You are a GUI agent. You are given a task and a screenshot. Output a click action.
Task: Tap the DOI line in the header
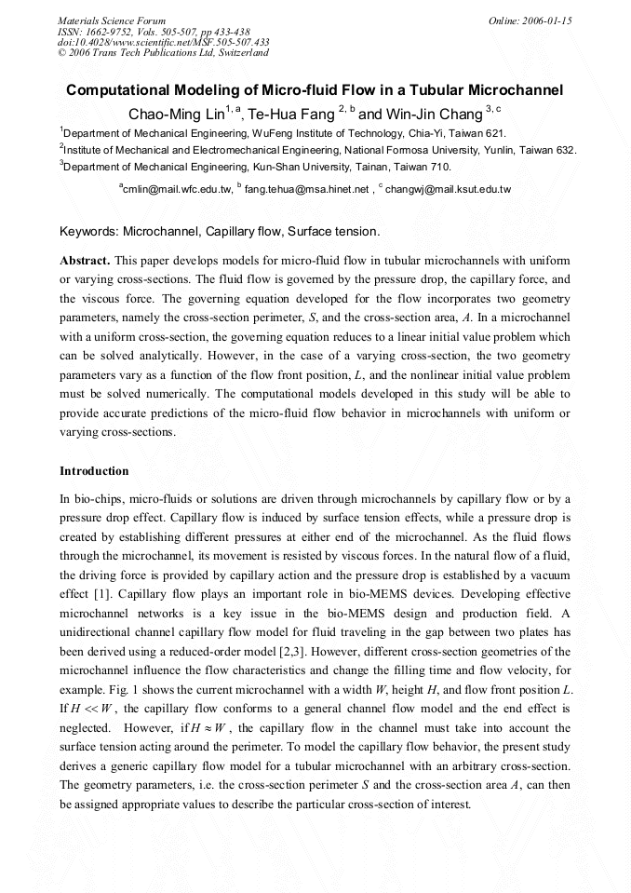164,42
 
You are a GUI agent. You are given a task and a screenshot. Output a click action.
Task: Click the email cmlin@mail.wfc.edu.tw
178,189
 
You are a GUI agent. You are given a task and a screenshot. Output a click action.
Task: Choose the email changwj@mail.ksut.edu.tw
448,189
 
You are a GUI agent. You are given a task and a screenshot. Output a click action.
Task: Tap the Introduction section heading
94,471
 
